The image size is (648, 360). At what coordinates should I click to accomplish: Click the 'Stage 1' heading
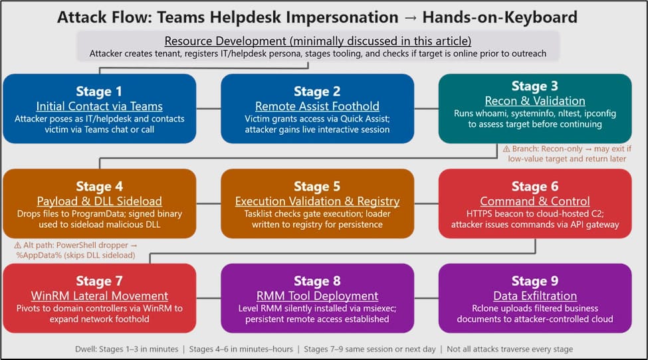click(99, 91)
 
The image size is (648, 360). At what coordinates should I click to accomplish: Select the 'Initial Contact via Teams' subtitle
click(99, 106)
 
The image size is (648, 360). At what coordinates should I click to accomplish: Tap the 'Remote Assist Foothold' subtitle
click(317, 106)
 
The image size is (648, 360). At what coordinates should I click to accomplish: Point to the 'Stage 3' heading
click(535, 86)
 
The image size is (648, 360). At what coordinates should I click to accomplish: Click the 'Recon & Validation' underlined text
click(535, 101)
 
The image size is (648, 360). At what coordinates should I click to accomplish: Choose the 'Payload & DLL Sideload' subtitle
click(99, 201)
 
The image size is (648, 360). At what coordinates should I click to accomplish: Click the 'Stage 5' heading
click(317, 187)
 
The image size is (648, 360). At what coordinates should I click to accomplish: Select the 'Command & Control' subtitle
click(535, 201)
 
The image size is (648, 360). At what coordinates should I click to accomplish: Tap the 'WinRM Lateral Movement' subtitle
click(99, 296)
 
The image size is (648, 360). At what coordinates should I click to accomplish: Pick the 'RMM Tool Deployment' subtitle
click(317, 296)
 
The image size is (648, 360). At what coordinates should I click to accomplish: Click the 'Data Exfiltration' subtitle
click(535, 296)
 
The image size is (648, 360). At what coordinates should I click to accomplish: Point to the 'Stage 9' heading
click(535, 281)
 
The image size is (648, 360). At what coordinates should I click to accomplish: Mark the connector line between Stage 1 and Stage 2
click(209, 108)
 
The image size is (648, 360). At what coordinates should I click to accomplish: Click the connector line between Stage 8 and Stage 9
click(426, 298)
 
